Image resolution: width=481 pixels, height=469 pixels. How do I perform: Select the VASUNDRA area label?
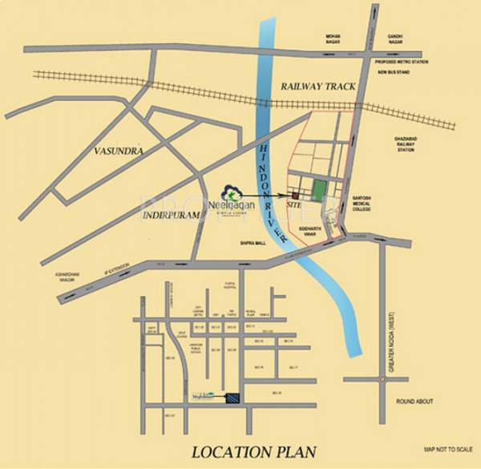tap(118, 150)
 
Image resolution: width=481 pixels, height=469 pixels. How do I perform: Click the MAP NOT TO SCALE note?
tap(446, 450)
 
